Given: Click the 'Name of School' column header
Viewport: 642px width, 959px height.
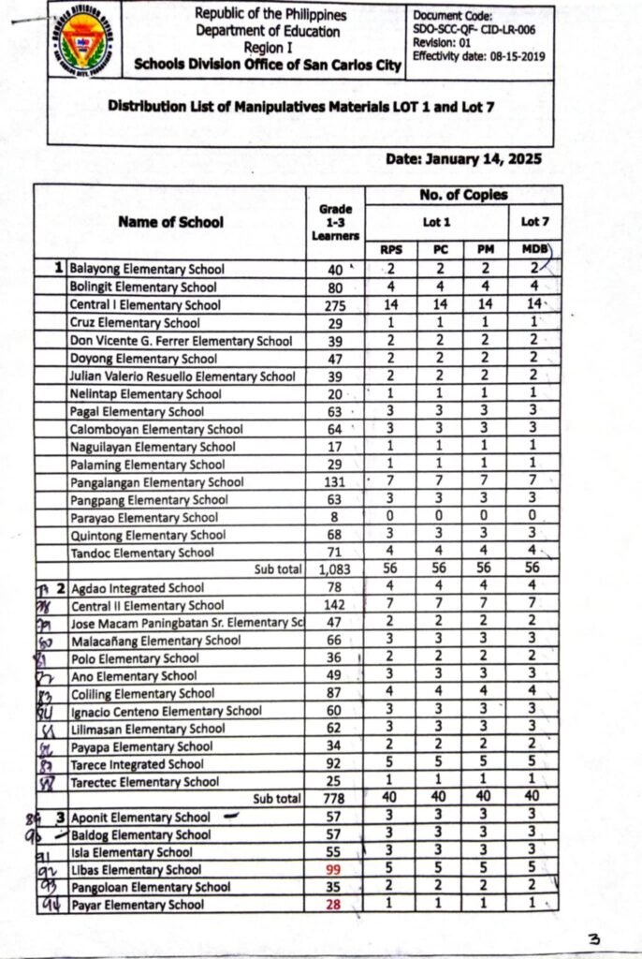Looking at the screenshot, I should coord(170,222).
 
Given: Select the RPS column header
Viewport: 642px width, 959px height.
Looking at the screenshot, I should coord(392,250).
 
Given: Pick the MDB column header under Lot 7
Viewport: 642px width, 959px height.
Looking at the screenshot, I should coord(529,250).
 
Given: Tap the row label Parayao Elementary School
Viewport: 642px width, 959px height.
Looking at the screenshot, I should coord(144,518).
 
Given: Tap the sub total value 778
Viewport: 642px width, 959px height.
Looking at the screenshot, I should coord(333,799).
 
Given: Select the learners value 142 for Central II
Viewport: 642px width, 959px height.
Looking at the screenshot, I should coord(333,606).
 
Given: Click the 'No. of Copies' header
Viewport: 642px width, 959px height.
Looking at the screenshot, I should coord(463,196).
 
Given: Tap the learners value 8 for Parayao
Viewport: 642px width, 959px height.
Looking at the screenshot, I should coord(333,518).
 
